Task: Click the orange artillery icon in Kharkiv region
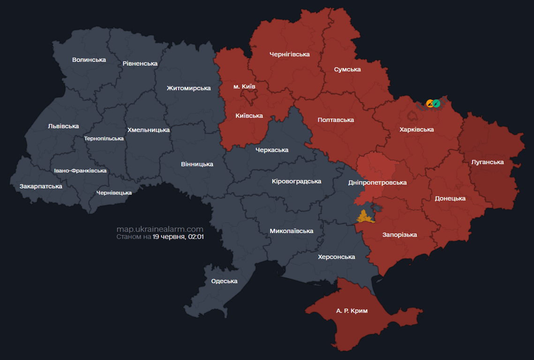[430, 103]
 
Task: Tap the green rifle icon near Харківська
[436, 103]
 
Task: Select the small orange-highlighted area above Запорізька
[363, 217]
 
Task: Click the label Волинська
[89, 60]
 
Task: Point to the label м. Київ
[244, 87]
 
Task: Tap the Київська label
[248, 116]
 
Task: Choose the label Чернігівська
[290, 54]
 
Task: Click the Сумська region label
[347, 69]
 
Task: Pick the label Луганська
[488, 162]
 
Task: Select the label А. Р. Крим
[352, 311]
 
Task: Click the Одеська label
[224, 281]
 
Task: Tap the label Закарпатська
[41, 187]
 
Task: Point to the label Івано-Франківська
[80, 171]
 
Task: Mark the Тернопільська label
[104, 139]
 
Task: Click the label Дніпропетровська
[377, 182]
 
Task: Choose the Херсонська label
[336, 257]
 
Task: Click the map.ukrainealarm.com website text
[160, 229]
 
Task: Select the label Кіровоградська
[296, 181]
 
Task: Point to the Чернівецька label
[114, 193]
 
